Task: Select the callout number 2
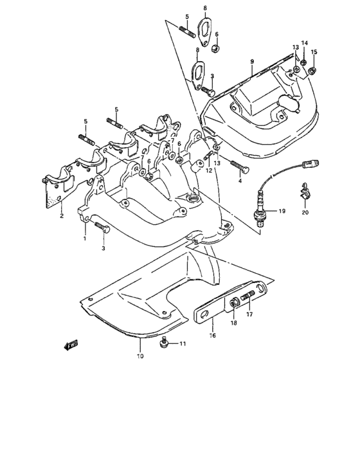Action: click(62, 217)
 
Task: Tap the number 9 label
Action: click(253, 62)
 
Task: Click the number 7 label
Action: click(172, 142)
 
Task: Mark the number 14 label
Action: click(305, 42)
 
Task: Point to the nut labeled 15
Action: click(311, 69)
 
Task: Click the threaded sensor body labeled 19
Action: click(260, 215)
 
